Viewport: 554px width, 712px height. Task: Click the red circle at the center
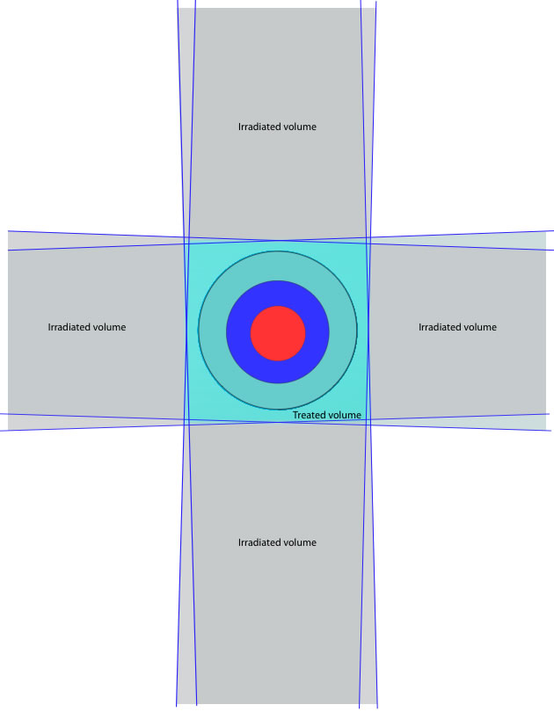[x=278, y=333]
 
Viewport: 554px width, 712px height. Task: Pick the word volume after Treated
[x=343, y=415]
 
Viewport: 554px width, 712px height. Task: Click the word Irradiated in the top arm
[x=257, y=127]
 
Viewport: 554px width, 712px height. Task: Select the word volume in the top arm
[x=297, y=127]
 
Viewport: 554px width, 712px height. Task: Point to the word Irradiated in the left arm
[x=67, y=327]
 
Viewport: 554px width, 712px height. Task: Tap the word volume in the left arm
[x=107, y=327]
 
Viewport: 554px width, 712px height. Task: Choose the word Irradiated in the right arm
[x=437, y=327]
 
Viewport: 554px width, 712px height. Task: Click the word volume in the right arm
[x=477, y=327]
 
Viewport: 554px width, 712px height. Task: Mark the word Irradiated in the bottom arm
[x=257, y=542]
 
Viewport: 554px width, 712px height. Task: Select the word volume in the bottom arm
[x=297, y=542]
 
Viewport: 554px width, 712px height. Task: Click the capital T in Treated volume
[x=295, y=415]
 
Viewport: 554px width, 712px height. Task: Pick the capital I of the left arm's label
[x=49, y=327]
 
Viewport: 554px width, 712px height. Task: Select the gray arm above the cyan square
[x=277, y=122]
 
